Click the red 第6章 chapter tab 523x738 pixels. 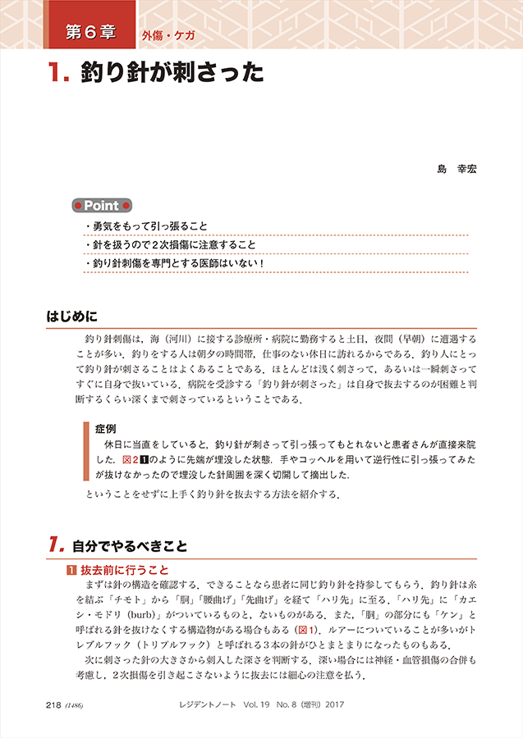coord(89,34)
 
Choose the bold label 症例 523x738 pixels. coord(105,428)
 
